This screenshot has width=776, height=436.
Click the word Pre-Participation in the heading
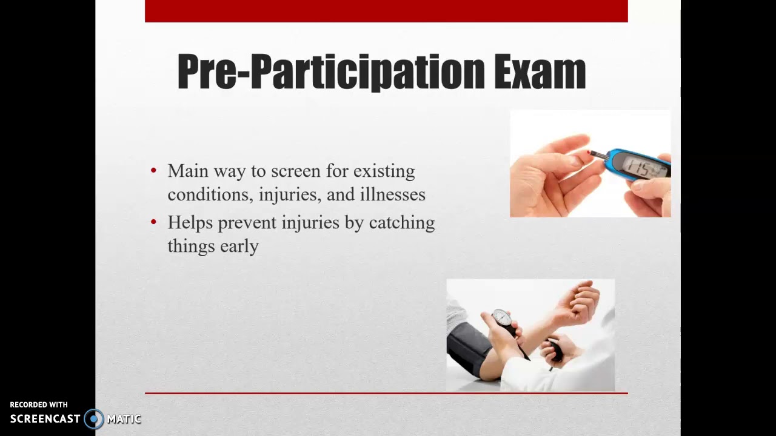point(330,72)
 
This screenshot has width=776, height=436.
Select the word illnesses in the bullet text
point(391,194)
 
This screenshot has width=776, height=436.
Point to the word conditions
point(210,194)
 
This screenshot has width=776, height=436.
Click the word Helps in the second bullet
point(190,223)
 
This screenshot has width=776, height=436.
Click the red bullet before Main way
point(153,171)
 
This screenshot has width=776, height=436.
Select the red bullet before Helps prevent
point(153,223)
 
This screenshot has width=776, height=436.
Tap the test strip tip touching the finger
point(592,153)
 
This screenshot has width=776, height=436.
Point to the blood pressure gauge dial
point(501,318)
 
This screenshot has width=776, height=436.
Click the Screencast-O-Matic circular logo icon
point(94,418)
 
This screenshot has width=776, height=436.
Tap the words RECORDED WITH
point(39,405)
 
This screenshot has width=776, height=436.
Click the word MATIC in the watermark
point(124,418)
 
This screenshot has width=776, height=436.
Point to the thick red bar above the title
point(386,11)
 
